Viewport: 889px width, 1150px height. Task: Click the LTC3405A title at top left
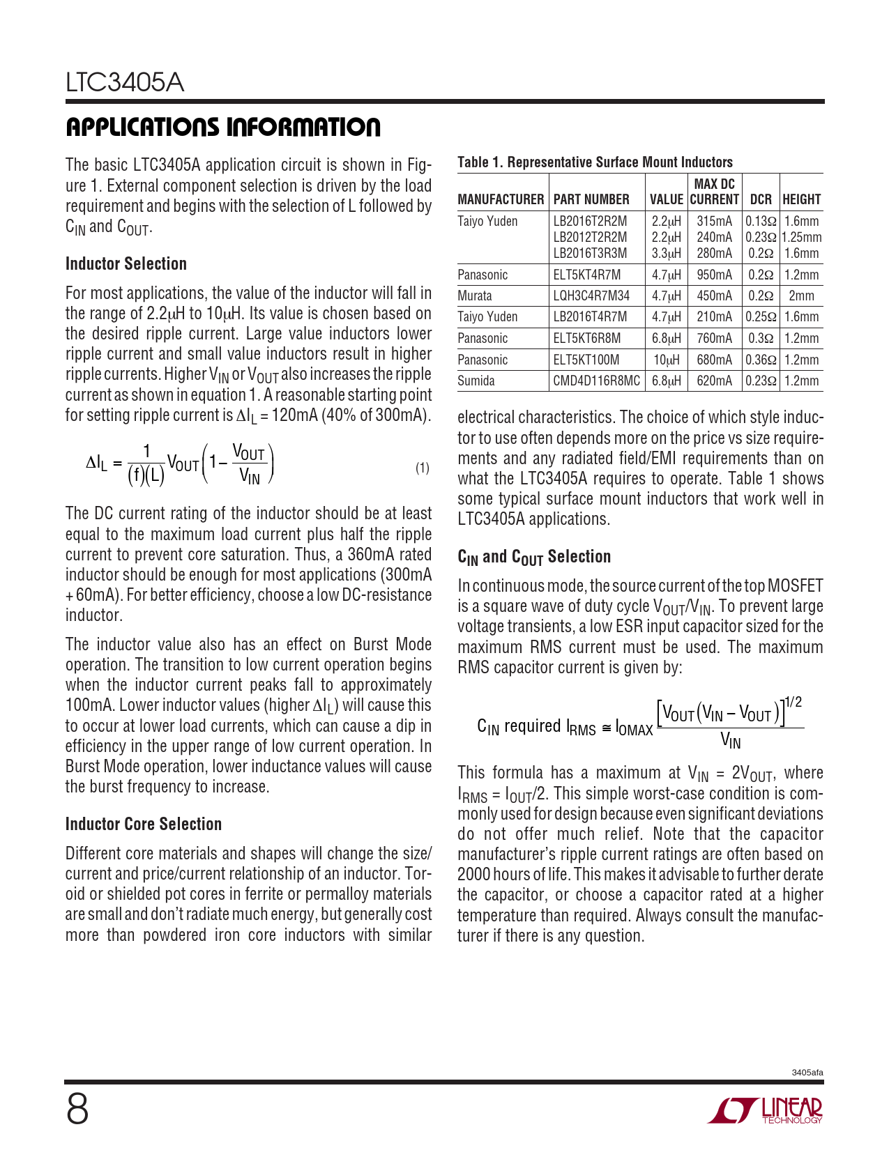[125, 83]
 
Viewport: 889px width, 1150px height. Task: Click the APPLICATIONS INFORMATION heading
[223, 128]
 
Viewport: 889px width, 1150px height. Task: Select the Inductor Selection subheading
[126, 264]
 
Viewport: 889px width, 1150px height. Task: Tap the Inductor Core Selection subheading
[144, 825]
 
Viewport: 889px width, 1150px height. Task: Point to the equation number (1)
[423, 468]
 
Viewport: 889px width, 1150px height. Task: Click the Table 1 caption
[595, 162]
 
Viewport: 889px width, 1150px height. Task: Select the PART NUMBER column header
[591, 199]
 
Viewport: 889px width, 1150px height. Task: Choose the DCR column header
[761, 199]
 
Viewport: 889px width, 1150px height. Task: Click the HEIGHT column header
[801, 199]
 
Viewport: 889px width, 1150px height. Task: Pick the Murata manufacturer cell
[475, 296]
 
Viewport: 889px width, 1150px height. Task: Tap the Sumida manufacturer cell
[476, 381]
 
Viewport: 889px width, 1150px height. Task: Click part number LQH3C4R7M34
[591, 296]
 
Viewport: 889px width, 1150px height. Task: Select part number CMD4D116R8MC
[596, 381]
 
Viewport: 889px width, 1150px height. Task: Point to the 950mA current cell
[715, 275]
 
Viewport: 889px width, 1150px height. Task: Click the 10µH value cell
[667, 360]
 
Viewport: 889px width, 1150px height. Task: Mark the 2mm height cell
[801, 296]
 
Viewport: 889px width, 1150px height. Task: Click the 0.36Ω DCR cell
[761, 360]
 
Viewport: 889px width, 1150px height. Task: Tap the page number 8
[77, 1110]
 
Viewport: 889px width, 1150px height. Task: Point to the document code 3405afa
[807, 1073]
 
